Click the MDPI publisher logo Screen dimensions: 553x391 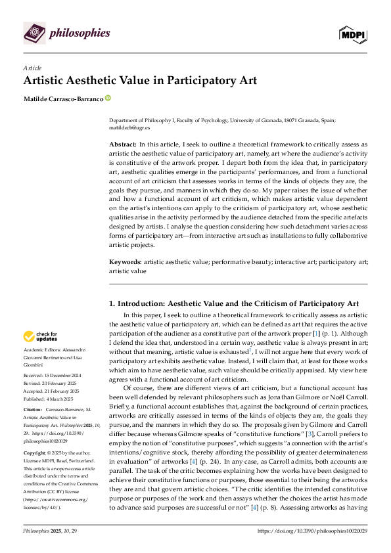pyautogui.click(x=352, y=33)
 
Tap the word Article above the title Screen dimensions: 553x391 pyautogui.click(x=32, y=68)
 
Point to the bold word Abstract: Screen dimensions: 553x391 pyautogui.click(x=123, y=143)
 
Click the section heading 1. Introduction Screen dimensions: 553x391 pyautogui.click(x=233, y=303)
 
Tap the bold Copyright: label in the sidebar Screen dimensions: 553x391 pyautogui.click(x=37, y=453)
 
